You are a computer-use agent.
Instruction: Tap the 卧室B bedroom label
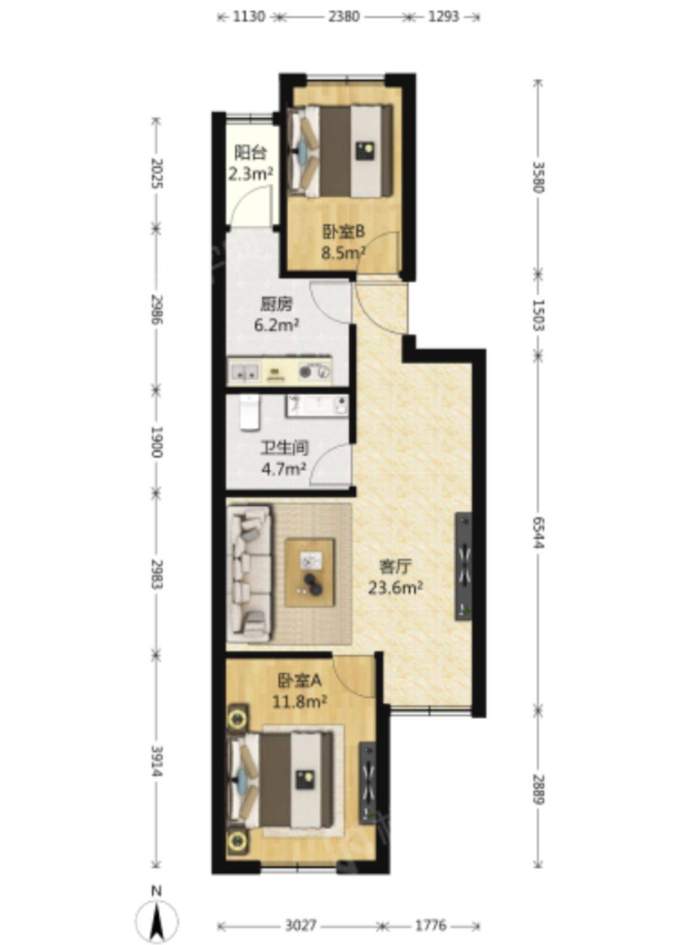(342, 233)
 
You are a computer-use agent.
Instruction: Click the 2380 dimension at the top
(344, 17)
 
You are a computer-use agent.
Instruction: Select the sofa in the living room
(249, 573)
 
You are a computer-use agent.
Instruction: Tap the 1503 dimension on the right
(539, 315)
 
